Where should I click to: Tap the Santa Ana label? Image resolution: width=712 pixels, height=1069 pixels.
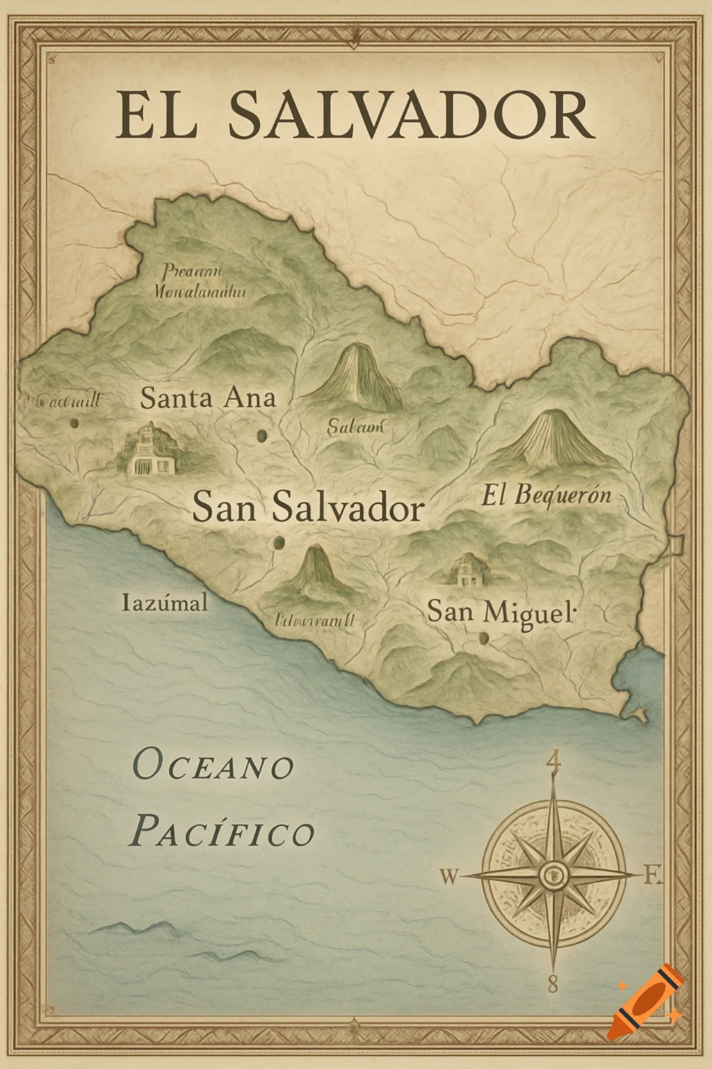pyautogui.click(x=208, y=398)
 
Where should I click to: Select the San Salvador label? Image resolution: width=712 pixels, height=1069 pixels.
pyautogui.click(x=307, y=507)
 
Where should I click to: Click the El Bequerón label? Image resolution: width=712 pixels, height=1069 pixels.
pyautogui.click(x=546, y=495)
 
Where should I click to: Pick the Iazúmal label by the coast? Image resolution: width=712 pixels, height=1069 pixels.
pyautogui.click(x=164, y=602)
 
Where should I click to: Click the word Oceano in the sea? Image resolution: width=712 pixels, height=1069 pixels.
pyautogui.click(x=213, y=767)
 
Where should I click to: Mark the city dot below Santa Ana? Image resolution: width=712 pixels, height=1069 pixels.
pyautogui.click(x=262, y=436)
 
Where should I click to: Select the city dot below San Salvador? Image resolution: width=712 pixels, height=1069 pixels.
pyautogui.click(x=279, y=543)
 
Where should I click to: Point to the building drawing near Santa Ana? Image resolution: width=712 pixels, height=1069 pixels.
pyautogui.click(x=147, y=450)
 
